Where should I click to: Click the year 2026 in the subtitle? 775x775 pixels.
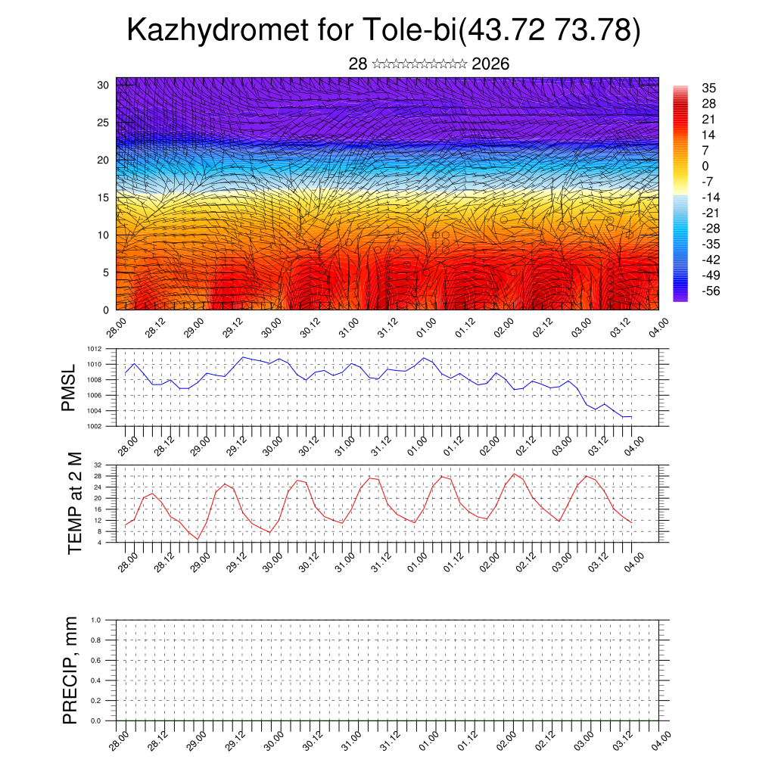[x=490, y=64]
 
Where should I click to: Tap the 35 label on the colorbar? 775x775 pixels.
[x=708, y=88]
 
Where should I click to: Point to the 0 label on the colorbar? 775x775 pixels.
[x=705, y=166]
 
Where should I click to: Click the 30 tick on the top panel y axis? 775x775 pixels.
[x=104, y=85]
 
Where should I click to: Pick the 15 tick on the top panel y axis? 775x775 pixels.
[x=104, y=198]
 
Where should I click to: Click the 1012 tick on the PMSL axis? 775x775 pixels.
[x=95, y=349]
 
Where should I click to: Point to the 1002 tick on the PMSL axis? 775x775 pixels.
[x=95, y=426]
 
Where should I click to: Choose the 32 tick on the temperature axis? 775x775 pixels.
[x=98, y=465]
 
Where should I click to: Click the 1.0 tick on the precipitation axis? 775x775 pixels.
[x=95, y=620]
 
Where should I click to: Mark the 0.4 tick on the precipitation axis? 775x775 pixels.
[x=95, y=680]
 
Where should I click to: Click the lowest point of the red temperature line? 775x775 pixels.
[x=198, y=539]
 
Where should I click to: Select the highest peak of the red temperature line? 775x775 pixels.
[x=515, y=474]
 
